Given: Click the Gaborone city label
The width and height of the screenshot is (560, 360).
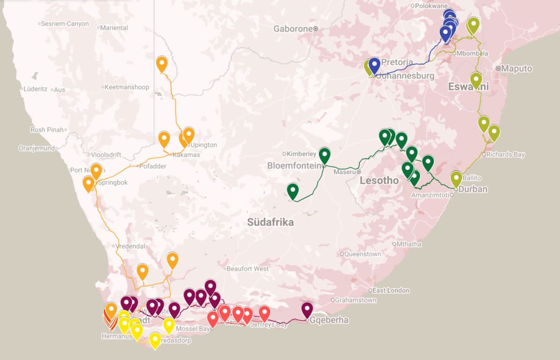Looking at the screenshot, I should pos(293,29).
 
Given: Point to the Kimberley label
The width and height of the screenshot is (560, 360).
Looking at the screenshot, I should pos(301,154).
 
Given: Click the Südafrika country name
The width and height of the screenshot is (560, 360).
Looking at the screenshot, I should pos(271,222).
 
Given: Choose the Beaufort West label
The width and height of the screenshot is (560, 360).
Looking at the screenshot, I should pos(247,268).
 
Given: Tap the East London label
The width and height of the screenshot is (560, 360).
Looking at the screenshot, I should pos(391,290).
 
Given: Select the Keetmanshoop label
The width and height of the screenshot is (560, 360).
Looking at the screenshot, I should pos(126,87).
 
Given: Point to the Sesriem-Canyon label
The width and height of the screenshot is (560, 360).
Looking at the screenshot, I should pos(65,23).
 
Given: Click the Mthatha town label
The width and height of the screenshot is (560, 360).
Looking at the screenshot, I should pos(409,244).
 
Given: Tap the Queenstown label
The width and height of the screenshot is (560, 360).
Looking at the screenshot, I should pos(362,254).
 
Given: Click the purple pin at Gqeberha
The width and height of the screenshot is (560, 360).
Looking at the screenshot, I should pos(307,310).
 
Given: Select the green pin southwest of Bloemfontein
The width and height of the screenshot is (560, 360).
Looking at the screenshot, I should pos(293,191).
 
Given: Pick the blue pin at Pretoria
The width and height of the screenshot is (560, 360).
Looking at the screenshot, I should pos(374,65).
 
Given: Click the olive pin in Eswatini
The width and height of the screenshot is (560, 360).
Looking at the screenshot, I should pos(476,80).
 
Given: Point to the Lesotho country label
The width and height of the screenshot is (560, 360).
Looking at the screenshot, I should pos(379,181).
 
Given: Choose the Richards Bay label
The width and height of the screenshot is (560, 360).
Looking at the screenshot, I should pos(505,155).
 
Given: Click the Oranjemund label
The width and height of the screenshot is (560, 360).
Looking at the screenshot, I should pos(37,148).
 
